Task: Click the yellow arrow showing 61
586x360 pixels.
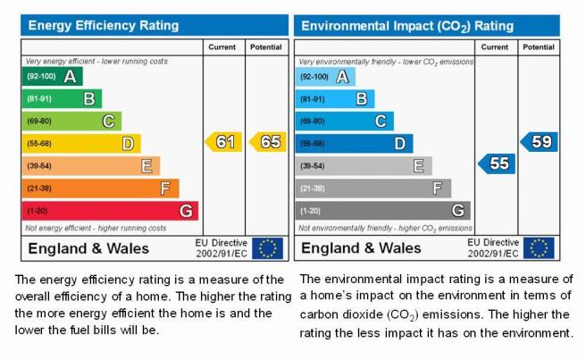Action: coord(223,142)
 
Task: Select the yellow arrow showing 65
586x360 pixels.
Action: coord(268,142)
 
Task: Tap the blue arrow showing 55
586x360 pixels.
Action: coord(497,163)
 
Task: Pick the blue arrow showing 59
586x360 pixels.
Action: coord(539,142)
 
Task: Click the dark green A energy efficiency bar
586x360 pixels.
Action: coord(53,76)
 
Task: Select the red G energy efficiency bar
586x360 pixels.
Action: coord(110,211)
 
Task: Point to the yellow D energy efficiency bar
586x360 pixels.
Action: coord(81,144)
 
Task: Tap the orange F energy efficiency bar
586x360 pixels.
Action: coord(101,188)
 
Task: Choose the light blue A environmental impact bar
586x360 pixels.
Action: coord(325,77)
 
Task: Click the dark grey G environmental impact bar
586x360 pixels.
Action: coord(382,211)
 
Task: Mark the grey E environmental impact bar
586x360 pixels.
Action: coord(364,166)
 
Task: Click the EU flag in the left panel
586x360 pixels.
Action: coord(268,248)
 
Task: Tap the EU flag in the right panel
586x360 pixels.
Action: coord(539,248)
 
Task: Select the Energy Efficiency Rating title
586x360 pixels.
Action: coord(104,25)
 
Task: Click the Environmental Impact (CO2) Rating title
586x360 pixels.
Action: coord(407,26)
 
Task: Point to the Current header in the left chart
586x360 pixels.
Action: coord(222,47)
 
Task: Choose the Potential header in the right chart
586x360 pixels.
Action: coord(539,47)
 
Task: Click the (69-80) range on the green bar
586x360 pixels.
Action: coord(39,121)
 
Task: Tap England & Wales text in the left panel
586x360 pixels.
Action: coord(88,248)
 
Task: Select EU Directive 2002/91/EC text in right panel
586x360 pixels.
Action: coord(493,247)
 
